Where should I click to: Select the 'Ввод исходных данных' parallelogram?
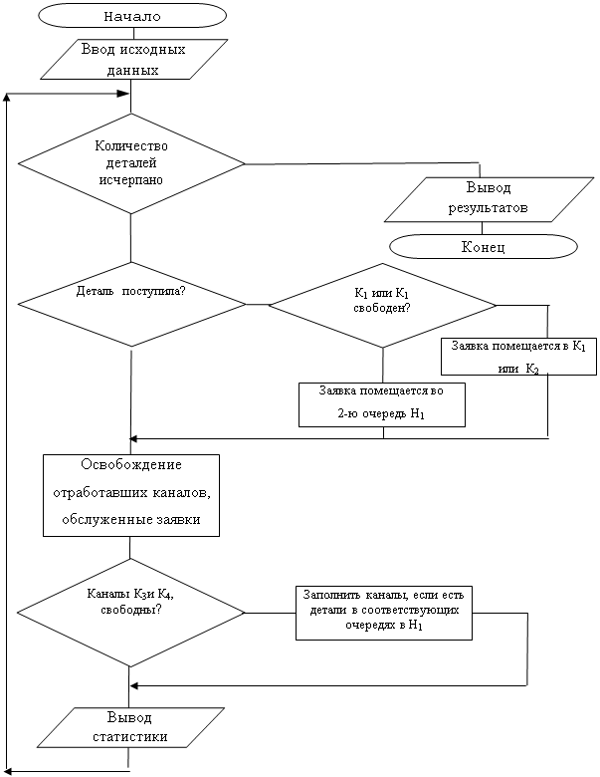(x=130, y=60)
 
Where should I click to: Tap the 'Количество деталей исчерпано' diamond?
(x=130, y=162)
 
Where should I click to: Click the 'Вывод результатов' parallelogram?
(x=484, y=199)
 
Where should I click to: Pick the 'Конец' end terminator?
(x=484, y=246)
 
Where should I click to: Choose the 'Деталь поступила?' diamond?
(x=130, y=303)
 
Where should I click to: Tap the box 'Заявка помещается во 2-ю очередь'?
(x=382, y=403)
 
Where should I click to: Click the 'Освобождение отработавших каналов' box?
(x=130, y=495)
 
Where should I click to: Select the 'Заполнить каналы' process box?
(x=383, y=612)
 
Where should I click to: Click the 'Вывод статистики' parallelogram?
(x=130, y=728)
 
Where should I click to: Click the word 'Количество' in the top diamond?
(x=131, y=145)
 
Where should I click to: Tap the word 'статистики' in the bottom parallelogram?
(x=129, y=738)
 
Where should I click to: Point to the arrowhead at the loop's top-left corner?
(x=9, y=97)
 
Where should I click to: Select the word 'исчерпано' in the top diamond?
(x=130, y=180)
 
